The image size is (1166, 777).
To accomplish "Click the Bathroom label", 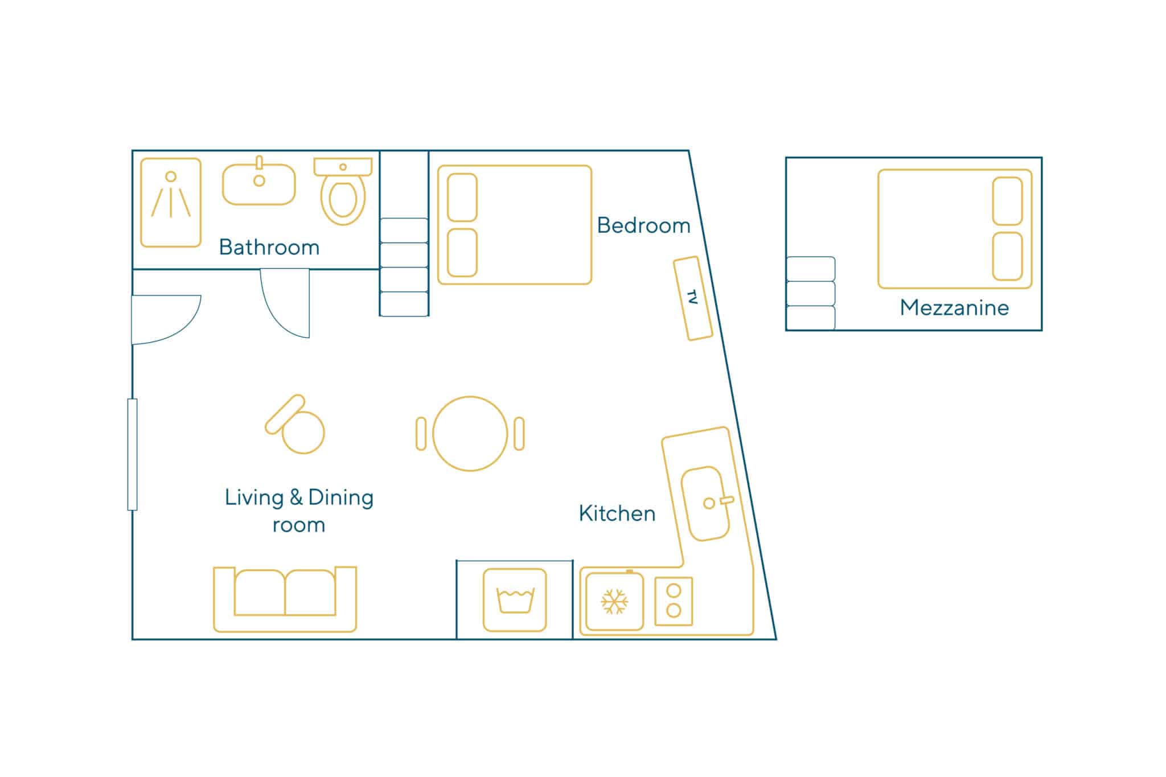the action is [x=269, y=248].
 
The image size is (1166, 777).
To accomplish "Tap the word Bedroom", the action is [x=643, y=225].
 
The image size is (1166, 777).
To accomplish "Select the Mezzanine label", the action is [x=954, y=307].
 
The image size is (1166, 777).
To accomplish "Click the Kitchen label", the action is [x=617, y=513].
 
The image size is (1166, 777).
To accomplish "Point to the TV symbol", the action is [x=693, y=298].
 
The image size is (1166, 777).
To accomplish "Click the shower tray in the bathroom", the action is [x=171, y=203].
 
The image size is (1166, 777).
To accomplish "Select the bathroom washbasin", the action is [x=259, y=184].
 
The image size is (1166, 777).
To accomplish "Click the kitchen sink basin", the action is [x=707, y=504].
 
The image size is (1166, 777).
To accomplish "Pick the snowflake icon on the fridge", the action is [x=614, y=602].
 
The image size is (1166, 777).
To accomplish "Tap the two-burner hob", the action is [x=674, y=601].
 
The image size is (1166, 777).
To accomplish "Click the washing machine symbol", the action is [x=515, y=600].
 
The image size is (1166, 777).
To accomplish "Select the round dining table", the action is [x=470, y=434].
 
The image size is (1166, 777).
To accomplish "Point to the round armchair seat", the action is [x=303, y=433].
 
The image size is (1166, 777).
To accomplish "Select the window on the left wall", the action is [x=133, y=454].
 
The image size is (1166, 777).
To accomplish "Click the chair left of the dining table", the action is [x=421, y=434].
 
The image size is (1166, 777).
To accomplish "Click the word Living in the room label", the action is [x=254, y=498].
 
